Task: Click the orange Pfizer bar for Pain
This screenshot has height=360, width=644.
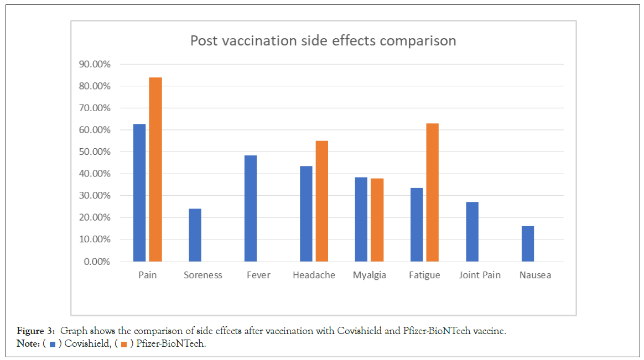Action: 155,169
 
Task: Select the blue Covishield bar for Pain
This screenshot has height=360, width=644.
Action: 139,192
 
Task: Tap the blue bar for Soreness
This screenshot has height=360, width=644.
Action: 195,235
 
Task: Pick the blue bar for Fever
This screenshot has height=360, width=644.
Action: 251,208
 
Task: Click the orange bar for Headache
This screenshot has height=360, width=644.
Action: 321,201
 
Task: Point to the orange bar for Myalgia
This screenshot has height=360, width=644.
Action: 377,220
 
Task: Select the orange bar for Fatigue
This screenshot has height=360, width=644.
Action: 433,192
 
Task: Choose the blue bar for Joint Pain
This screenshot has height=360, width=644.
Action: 472,232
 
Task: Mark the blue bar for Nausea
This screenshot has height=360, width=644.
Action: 528,244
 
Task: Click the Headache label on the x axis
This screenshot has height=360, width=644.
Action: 314,275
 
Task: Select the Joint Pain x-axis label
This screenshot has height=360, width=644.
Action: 480,275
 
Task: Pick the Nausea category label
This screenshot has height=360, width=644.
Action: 535,275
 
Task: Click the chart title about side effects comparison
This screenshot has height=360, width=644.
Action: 323,41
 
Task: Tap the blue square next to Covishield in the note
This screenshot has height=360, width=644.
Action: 52,345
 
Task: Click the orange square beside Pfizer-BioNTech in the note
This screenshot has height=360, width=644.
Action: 124,345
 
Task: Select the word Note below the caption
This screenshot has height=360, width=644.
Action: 26,344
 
